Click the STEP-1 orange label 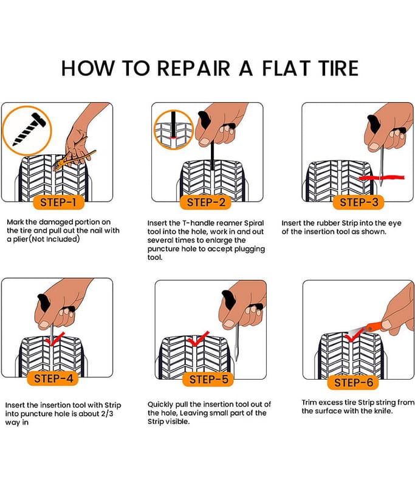tap(58, 202)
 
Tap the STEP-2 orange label tap(207, 202)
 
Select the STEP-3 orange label tap(358, 202)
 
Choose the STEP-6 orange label tap(354, 382)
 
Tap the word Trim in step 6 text tap(310, 402)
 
